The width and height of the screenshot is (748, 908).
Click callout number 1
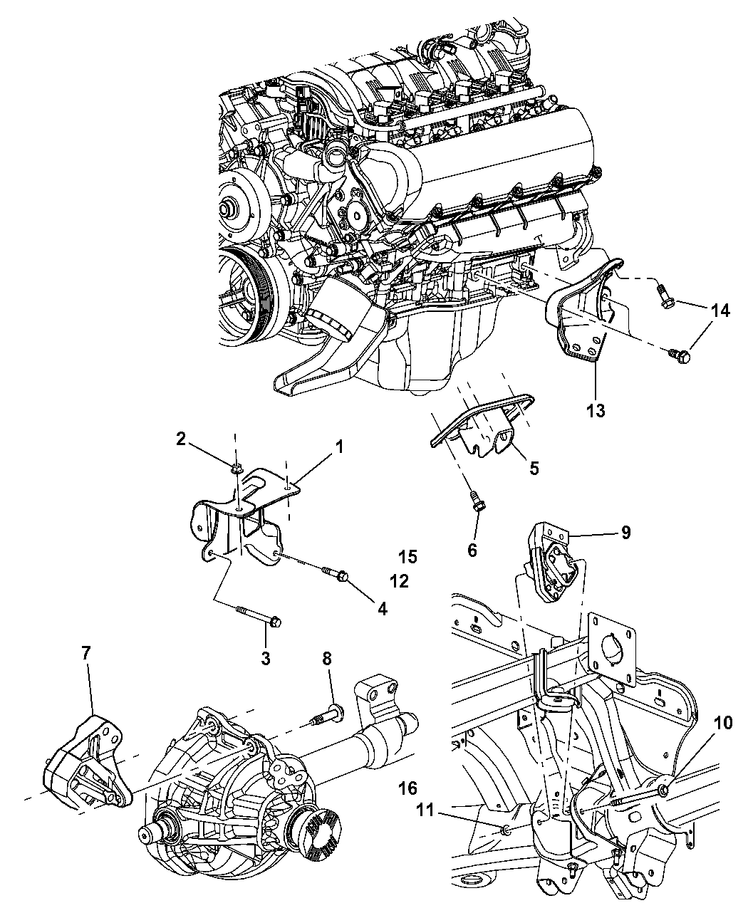(339, 447)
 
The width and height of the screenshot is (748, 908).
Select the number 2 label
(181, 439)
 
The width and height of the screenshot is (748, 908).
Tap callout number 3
(265, 659)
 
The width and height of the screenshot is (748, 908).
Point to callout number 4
(383, 609)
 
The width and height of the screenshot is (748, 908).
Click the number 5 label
(534, 468)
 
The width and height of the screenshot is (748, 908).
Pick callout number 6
(472, 550)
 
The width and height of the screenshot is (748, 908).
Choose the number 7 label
(87, 652)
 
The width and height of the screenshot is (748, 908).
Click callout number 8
(327, 659)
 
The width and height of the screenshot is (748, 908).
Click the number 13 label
(596, 410)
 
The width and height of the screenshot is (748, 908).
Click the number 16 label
(408, 788)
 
